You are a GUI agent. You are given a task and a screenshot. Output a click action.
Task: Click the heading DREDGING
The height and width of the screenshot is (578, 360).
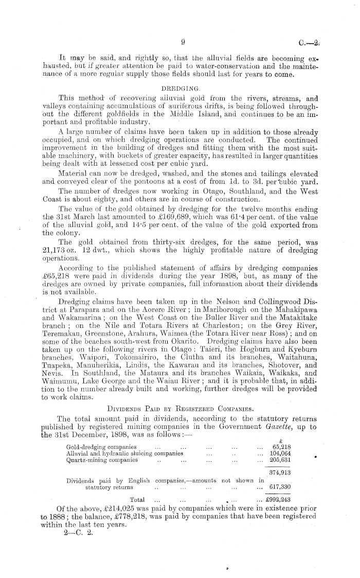[x=176, y=87]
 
